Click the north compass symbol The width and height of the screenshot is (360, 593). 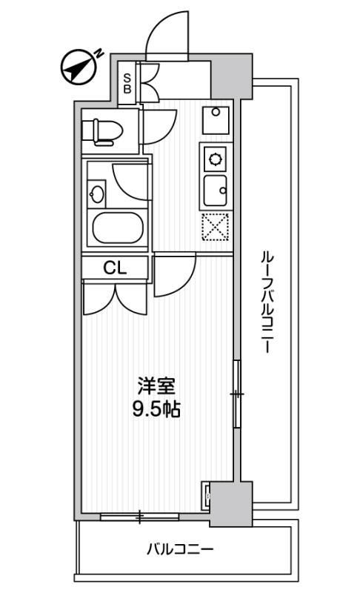tap(79, 67)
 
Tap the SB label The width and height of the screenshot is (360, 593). tap(127, 84)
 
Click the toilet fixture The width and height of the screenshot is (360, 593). tap(103, 132)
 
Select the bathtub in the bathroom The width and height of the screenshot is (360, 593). tap(118, 228)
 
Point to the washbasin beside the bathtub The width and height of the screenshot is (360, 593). tap(96, 194)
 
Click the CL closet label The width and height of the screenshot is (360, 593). tap(115, 268)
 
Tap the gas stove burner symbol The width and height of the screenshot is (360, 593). tap(216, 158)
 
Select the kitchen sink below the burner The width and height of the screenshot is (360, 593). tap(216, 191)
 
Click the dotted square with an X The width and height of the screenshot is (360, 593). tap(216, 227)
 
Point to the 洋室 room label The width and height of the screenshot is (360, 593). tap(156, 386)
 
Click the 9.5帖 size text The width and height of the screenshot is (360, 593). tap(156, 408)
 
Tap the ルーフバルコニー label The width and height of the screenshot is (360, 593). tap(267, 302)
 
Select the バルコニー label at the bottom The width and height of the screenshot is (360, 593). tap(180, 549)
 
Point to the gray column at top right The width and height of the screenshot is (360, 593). tap(231, 77)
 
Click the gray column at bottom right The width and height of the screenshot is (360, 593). tap(231, 504)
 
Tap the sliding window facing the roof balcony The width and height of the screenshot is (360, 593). tap(237, 394)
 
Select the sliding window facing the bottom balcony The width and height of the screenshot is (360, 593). tap(140, 517)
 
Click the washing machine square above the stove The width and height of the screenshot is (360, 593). tap(216, 120)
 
